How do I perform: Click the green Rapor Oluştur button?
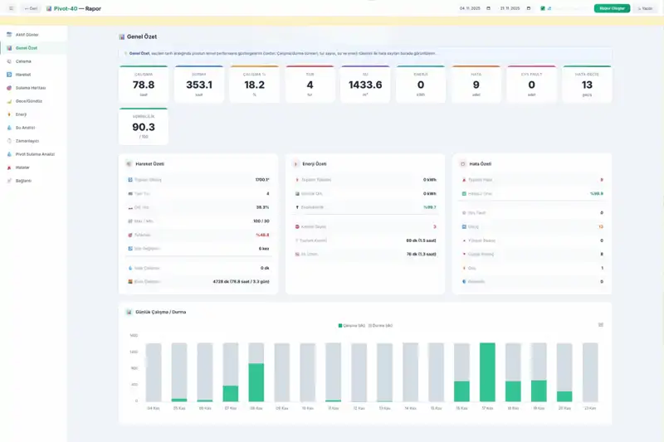[x=612, y=8]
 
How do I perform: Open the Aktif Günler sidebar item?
[x=27, y=35]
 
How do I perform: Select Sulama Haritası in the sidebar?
[x=31, y=87]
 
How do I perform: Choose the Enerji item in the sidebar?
[x=22, y=114]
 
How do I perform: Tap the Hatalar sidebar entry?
[x=23, y=167]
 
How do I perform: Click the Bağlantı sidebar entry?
[x=24, y=180]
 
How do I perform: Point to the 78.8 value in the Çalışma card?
[x=144, y=85]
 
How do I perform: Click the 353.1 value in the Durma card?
[x=199, y=85]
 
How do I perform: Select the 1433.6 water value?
[x=365, y=85]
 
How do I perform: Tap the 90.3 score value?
[x=144, y=127]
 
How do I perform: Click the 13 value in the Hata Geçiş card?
[x=587, y=85]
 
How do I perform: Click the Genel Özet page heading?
[x=142, y=37]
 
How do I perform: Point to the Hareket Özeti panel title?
[x=149, y=164]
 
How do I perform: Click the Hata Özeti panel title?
[x=481, y=164]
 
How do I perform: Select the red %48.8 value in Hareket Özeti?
[x=261, y=235]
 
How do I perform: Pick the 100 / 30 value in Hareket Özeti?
[x=261, y=221]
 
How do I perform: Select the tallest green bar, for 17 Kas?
[x=487, y=372]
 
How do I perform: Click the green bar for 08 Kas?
[x=256, y=382]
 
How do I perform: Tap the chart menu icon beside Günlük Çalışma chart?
[x=601, y=324]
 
